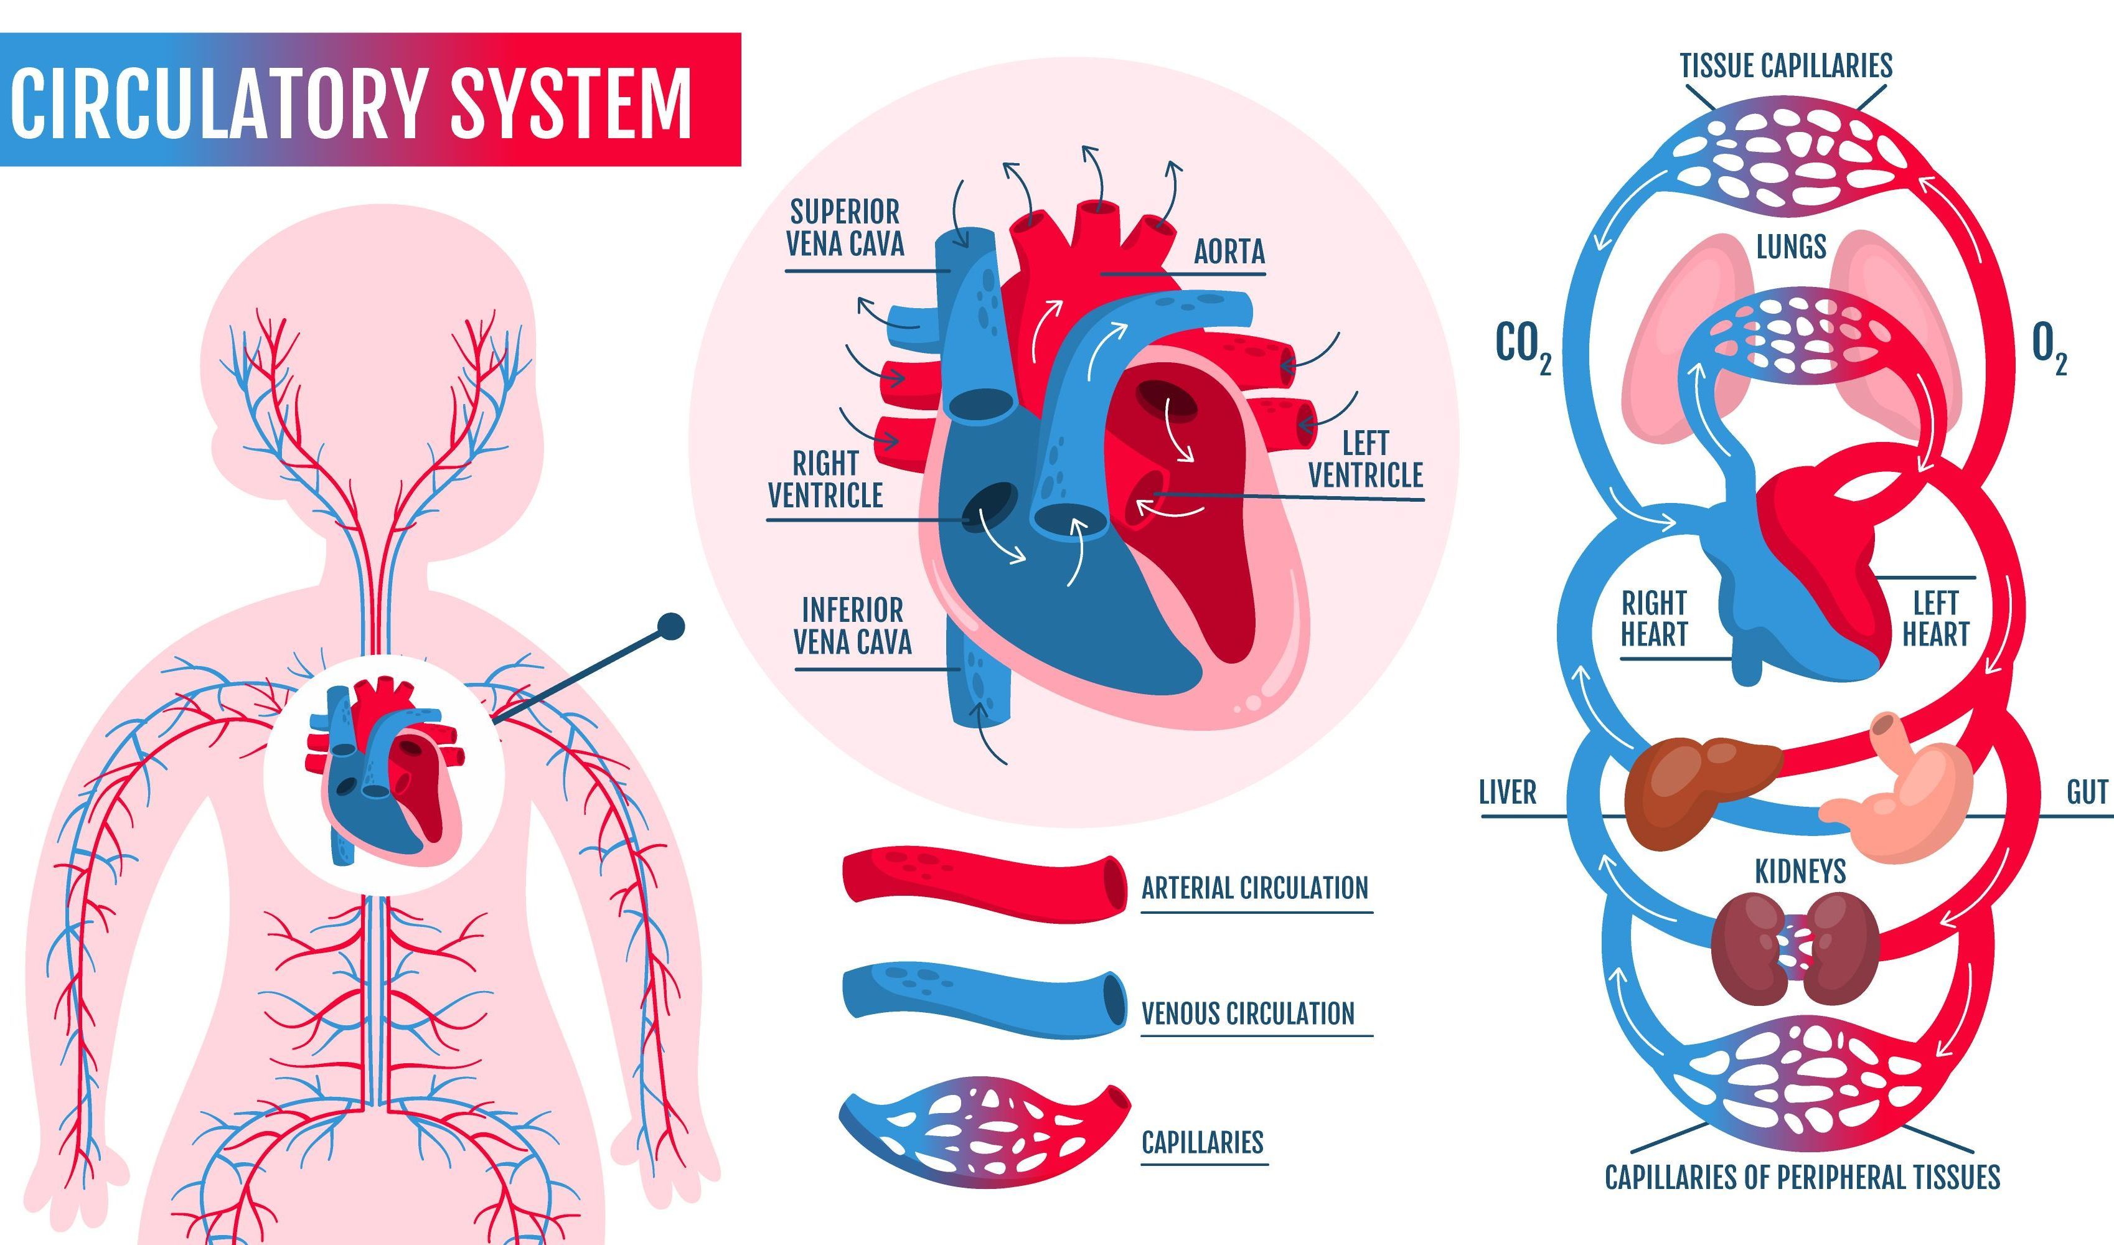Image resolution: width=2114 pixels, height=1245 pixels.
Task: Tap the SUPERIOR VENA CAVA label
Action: [845, 227]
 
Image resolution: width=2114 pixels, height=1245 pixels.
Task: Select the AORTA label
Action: [1228, 251]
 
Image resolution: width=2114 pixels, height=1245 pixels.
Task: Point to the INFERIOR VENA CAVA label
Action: [852, 626]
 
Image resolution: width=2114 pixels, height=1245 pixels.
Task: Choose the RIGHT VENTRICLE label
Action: [825, 479]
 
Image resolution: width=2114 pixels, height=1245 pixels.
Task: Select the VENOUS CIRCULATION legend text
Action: [1247, 1013]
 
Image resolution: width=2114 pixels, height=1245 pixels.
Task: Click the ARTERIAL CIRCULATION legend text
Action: [1254, 888]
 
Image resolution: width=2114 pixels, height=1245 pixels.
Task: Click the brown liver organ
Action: [1694, 789]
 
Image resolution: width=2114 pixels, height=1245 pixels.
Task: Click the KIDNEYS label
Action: [1800, 872]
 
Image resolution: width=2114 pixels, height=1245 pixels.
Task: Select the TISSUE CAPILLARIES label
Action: [1786, 65]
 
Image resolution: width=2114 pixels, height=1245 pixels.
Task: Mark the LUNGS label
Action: [1791, 247]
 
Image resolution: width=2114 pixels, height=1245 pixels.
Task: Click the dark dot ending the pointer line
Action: [671, 626]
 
